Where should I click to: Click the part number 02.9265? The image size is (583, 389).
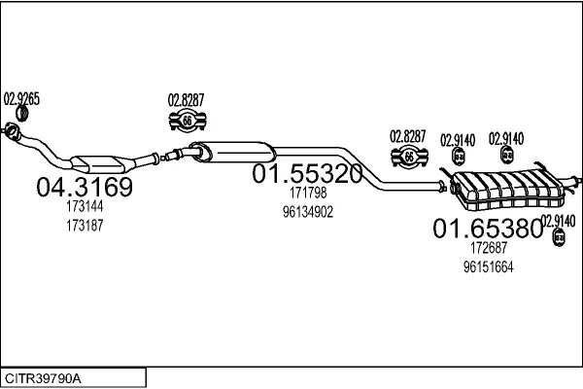click(x=21, y=97)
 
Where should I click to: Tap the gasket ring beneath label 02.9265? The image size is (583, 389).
click(x=13, y=128)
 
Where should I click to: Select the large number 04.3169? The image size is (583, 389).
click(x=85, y=187)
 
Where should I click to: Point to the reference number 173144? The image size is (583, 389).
click(x=85, y=207)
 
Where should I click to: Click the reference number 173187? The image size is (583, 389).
click(x=85, y=225)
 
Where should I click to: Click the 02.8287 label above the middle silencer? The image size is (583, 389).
click(x=186, y=98)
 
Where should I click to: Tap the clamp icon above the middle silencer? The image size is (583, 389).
click(x=186, y=122)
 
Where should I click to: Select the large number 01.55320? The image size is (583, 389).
click(x=308, y=174)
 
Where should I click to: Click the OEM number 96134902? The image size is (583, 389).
click(x=308, y=212)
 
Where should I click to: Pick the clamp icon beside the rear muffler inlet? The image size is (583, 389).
click(x=409, y=158)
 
